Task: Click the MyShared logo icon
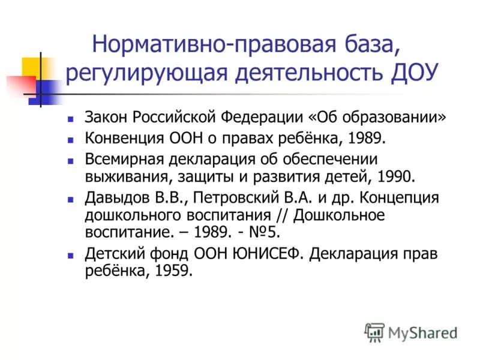pos(374,332)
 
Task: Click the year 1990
pos(394,177)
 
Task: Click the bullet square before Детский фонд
pos(71,254)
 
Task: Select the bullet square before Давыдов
pos(71,199)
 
